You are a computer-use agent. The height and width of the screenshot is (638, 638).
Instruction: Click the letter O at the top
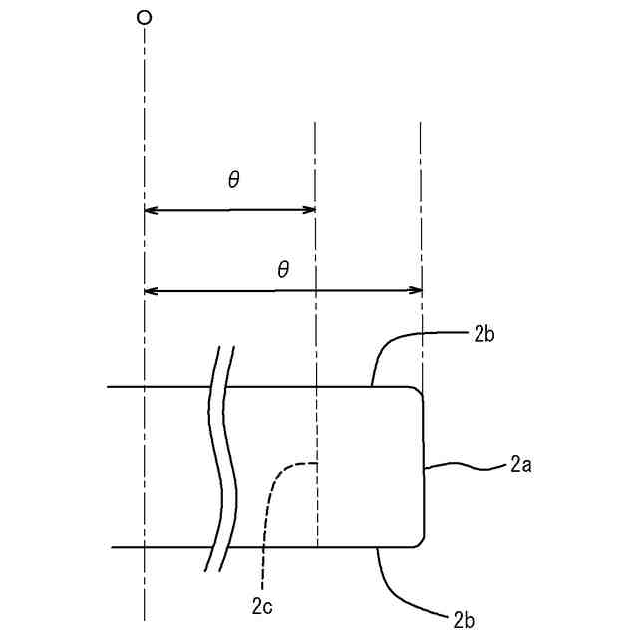pyautogui.click(x=145, y=17)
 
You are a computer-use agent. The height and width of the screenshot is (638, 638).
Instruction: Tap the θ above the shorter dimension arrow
pyautogui.click(x=233, y=179)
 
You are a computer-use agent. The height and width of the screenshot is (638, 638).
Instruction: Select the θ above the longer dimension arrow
pyautogui.click(x=284, y=269)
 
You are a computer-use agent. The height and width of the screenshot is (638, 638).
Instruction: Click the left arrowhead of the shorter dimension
pyautogui.click(x=151, y=210)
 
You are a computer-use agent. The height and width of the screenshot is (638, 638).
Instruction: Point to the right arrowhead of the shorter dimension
pyautogui.click(x=309, y=210)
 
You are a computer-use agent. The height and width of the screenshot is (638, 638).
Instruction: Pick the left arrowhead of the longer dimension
pyautogui.click(x=151, y=291)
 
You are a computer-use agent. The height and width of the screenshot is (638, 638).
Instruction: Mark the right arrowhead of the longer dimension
pyautogui.click(x=416, y=291)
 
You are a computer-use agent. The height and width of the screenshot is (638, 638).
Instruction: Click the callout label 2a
pyautogui.click(x=520, y=463)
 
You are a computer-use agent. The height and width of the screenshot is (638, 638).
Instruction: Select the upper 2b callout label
pyautogui.click(x=484, y=334)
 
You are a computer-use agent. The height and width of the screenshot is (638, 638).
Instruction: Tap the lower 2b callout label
pyautogui.click(x=463, y=620)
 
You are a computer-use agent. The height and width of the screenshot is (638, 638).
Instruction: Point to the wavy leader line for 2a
pyautogui.click(x=464, y=464)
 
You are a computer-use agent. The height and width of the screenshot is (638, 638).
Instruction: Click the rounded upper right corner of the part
pyautogui.click(x=419, y=393)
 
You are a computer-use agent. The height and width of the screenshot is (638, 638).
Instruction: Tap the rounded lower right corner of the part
pyautogui.click(x=419, y=540)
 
